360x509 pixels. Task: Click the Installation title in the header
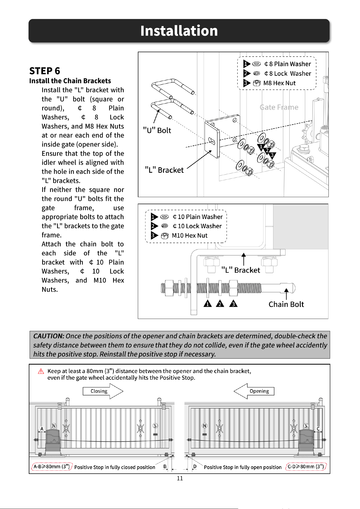(179, 31)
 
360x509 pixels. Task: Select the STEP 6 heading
(45, 71)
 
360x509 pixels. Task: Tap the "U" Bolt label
(157, 131)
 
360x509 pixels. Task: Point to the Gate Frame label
(279, 107)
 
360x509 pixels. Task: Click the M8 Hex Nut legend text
(279, 83)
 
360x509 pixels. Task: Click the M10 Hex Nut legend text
(190, 236)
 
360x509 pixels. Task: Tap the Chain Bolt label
(286, 304)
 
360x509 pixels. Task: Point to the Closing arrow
(103, 391)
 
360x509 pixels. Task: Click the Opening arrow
(254, 391)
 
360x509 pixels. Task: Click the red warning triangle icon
(41, 371)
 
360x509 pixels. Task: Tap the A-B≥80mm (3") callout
(52, 467)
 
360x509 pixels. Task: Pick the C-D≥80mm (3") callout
(306, 467)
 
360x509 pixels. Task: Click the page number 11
(180, 479)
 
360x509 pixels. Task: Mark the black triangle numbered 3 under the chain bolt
(233, 304)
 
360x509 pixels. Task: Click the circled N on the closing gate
(54, 426)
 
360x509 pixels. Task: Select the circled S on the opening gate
(306, 426)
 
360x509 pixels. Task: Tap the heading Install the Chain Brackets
(70, 81)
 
